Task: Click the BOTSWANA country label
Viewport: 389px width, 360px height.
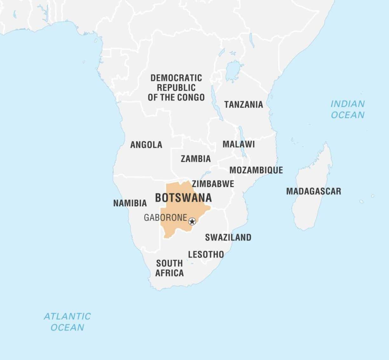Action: (183, 198)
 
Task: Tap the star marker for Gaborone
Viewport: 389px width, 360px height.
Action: (192, 221)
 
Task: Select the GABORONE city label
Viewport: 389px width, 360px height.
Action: (165, 218)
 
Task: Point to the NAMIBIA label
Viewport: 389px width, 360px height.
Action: (130, 203)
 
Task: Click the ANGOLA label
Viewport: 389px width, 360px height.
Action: (146, 145)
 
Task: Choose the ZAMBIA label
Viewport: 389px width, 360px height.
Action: (196, 159)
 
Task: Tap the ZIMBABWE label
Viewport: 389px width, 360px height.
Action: (213, 184)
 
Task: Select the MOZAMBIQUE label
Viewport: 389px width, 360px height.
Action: (256, 170)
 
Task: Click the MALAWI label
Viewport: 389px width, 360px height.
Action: (238, 144)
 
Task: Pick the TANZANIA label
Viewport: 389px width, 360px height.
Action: (244, 104)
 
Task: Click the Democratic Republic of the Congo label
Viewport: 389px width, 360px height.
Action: (176, 88)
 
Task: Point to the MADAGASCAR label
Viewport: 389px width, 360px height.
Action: (313, 191)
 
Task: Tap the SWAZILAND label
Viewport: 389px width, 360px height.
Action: (228, 237)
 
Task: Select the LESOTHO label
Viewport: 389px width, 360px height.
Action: (206, 254)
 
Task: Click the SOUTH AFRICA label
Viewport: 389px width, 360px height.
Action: (169, 268)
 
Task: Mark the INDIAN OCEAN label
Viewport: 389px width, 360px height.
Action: (347, 109)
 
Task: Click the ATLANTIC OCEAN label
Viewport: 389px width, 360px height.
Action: (67, 322)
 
